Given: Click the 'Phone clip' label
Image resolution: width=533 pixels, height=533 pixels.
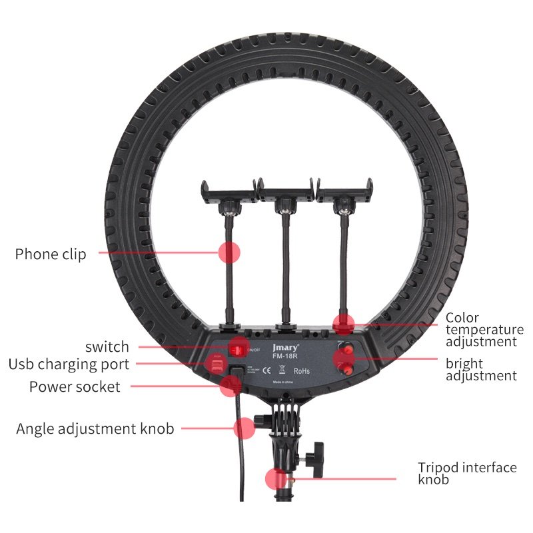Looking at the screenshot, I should [51, 254].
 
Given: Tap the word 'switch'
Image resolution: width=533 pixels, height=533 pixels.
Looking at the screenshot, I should [107, 346].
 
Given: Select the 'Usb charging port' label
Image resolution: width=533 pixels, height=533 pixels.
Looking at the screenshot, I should [69, 364].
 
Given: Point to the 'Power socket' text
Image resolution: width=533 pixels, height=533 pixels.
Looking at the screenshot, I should [75, 386].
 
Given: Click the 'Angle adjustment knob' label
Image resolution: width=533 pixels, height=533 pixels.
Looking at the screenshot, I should [95, 428].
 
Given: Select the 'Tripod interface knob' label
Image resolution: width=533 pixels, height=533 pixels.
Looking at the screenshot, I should [467, 473].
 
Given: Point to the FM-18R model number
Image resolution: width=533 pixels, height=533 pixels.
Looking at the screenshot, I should [283, 356].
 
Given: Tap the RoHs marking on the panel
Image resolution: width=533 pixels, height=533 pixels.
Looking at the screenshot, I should [301, 370].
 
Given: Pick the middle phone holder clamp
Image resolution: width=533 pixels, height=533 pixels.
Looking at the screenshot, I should [285, 194].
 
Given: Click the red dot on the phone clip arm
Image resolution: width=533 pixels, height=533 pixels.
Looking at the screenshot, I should [229, 253].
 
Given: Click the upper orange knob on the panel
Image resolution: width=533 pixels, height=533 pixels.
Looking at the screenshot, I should [348, 348].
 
